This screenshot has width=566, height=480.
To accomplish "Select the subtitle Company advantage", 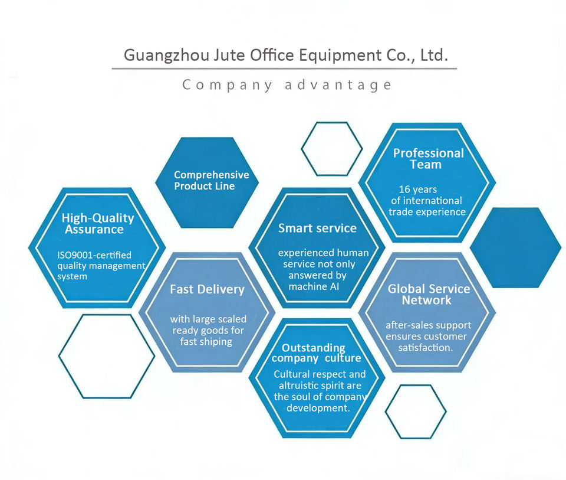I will [x=287, y=85].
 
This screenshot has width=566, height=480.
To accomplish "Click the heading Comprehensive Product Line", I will [x=211, y=181].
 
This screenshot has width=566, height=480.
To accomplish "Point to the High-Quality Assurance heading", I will [x=97, y=224].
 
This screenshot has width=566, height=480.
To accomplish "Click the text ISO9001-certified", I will [x=94, y=255].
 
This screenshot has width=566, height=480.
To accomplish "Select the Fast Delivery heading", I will [x=207, y=289].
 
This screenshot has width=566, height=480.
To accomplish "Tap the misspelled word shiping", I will [x=215, y=341].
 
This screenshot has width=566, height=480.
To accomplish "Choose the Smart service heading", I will [x=317, y=228].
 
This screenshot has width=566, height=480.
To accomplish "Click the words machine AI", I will [x=315, y=286].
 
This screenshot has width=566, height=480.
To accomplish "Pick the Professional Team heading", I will [x=429, y=159].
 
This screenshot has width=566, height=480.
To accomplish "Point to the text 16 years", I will [x=417, y=190].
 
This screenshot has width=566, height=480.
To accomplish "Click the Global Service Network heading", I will [x=429, y=294].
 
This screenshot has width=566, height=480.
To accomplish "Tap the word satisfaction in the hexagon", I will [x=425, y=348].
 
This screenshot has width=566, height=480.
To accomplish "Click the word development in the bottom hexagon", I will [x=318, y=408].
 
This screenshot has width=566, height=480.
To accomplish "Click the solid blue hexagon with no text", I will [x=515, y=247].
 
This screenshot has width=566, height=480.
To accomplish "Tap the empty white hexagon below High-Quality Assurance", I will [x=106, y=356].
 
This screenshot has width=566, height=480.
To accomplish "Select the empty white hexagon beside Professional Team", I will [x=331, y=149].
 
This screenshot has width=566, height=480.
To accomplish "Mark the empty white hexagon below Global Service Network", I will [x=416, y=412].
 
